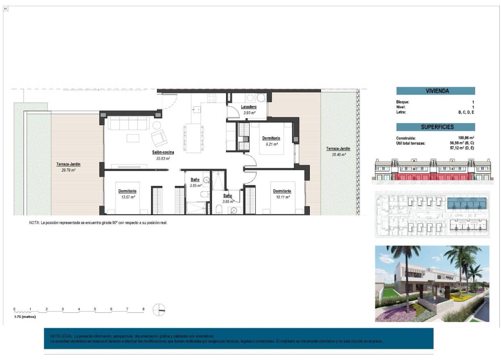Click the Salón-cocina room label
(x=163, y=152)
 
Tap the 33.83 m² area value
(x=163, y=158)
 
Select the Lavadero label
(x=249, y=107)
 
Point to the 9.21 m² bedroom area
(x=271, y=144)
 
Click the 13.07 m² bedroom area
(x=127, y=197)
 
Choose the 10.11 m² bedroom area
(x=282, y=197)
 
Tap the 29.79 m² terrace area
(x=68, y=170)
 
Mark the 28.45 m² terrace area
(x=338, y=155)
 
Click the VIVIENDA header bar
(x=435, y=91)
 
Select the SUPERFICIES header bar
(x=435, y=127)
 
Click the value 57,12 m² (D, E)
(x=462, y=148)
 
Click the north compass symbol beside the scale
(x=159, y=310)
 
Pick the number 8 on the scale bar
(x=143, y=309)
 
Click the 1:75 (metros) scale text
(x=25, y=317)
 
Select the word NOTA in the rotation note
(x=34, y=222)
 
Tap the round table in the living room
(x=157, y=125)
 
